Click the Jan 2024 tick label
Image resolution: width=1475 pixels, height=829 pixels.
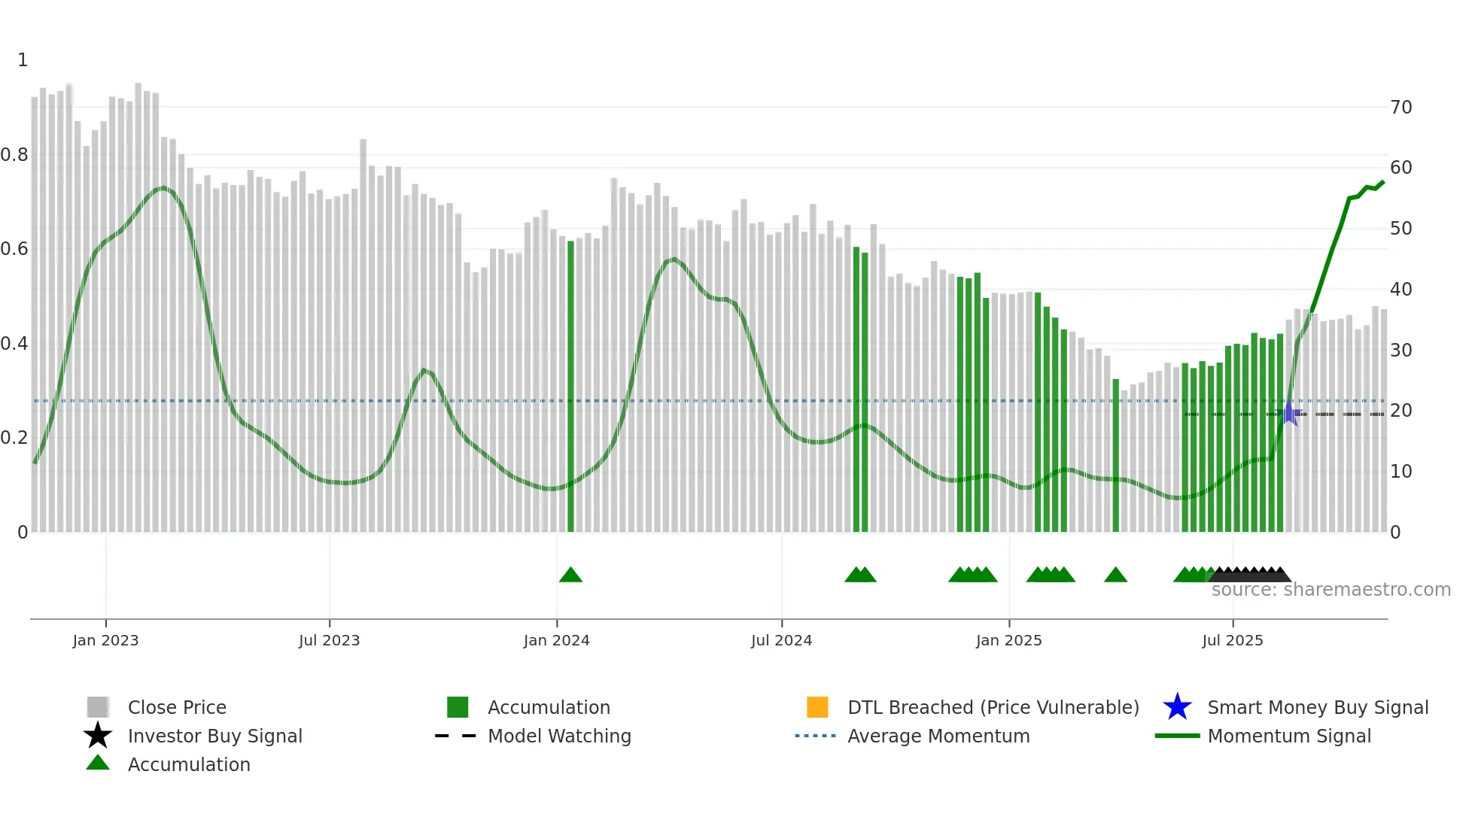point(556,640)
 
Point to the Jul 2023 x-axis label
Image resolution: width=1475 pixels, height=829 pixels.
point(329,640)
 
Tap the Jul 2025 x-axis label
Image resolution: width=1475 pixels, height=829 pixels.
point(1232,640)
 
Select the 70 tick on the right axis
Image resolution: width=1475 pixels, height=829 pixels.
point(1400,108)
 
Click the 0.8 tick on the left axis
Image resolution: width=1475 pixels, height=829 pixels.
point(14,155)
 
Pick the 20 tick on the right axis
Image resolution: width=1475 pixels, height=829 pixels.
point(1400,411)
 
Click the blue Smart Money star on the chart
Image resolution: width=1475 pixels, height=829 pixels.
point(1290,413)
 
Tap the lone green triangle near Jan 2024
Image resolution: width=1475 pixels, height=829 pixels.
point(570,575)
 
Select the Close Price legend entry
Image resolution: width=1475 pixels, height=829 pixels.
point(176,707)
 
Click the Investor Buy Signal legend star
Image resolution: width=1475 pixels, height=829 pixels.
point(98,736)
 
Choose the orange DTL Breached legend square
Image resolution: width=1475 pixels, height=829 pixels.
point(817,707)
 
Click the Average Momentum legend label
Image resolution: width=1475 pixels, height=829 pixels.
point(938,736)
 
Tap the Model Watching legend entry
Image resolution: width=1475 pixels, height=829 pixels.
point(558,736)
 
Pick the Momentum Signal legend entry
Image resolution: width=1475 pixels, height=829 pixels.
point(1288,736)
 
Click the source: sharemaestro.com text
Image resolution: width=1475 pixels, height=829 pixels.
point(1331,590)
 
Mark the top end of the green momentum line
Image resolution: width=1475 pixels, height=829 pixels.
point(1383,182)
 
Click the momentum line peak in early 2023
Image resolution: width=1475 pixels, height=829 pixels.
point(163,187)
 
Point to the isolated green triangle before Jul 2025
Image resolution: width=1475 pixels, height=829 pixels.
point(1115,575)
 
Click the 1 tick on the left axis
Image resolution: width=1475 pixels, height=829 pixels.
point(23,60)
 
